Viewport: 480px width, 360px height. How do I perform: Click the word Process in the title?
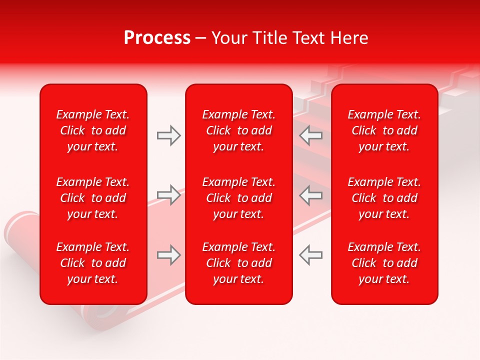click(x=157, y=38)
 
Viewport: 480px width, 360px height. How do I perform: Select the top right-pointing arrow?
click(x=168, y=135)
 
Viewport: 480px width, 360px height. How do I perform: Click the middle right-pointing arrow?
click(x=168, y=195)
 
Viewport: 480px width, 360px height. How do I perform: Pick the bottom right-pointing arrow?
click(x=168, y=255)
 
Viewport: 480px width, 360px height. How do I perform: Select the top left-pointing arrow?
click(x=311, y=135)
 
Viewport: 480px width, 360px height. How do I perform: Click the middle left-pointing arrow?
click(x=311, y=195)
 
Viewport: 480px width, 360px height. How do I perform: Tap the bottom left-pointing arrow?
click(x=311, y=255)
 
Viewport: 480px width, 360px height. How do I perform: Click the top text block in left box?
click(x=93, y=130)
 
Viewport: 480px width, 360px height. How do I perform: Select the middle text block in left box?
click(x=93, y=198)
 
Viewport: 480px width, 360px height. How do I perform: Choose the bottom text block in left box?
click(x=93, y=263)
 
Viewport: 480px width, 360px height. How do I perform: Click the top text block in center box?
click(x=239, y=130)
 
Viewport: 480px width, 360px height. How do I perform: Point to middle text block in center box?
click(x=239, y=198)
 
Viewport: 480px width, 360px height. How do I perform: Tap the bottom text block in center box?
click(x=239, y=263)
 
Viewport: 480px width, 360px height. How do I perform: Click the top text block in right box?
click(x=384, y=130)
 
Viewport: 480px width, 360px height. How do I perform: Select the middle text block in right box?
click(x=384, y=198)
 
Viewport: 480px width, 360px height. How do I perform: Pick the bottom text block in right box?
click(x=384, y=263)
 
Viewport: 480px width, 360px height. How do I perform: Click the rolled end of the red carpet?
click(x=21, y=227)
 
